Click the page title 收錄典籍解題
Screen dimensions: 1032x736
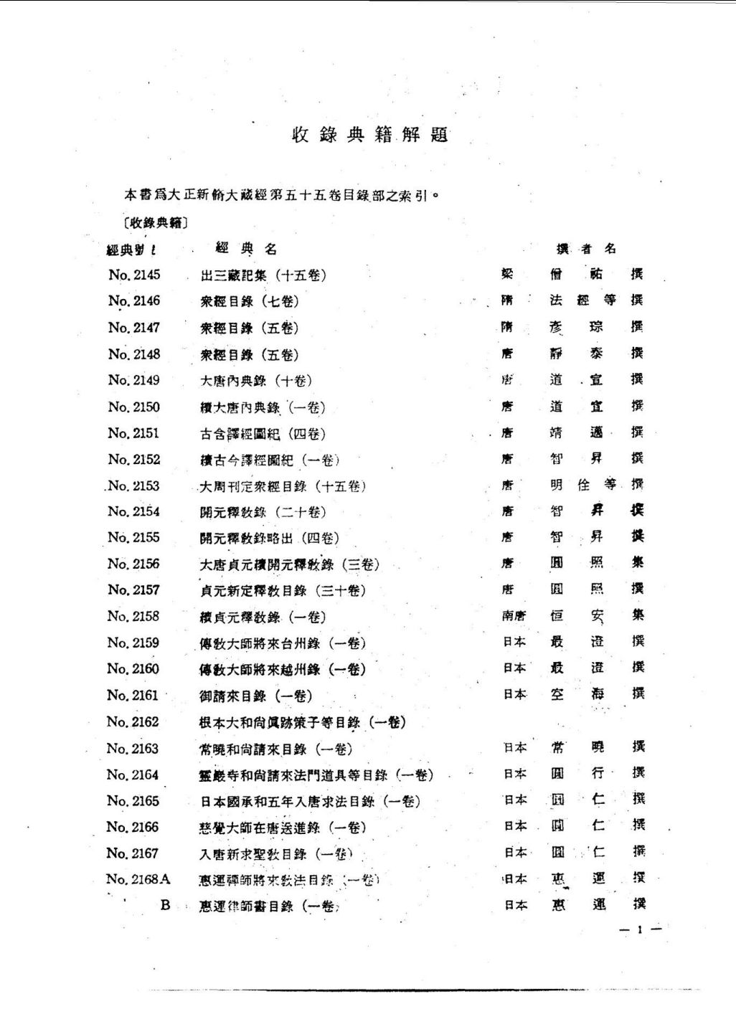(370, 135)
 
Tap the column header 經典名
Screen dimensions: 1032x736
(246, 249)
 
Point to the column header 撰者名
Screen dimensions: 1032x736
(586, 249)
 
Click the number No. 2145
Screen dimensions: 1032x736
(134, 275)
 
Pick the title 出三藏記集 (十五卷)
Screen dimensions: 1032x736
(263, 275)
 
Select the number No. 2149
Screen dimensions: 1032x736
(134, 380)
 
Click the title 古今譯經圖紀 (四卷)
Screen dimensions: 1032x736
(263, 434)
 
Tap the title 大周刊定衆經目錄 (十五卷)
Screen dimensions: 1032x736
(283, 486)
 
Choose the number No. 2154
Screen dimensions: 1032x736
(134, 511)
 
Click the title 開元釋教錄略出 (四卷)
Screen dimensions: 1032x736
(269, 538)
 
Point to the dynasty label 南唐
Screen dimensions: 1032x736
(514, 615)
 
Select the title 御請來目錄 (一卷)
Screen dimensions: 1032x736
(255, 696)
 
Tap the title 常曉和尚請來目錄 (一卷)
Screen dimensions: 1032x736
(275, 749)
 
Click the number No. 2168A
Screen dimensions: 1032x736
(138, 879)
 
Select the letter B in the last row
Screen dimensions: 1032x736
(165, 905)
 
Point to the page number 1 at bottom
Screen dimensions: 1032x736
(638, 930)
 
